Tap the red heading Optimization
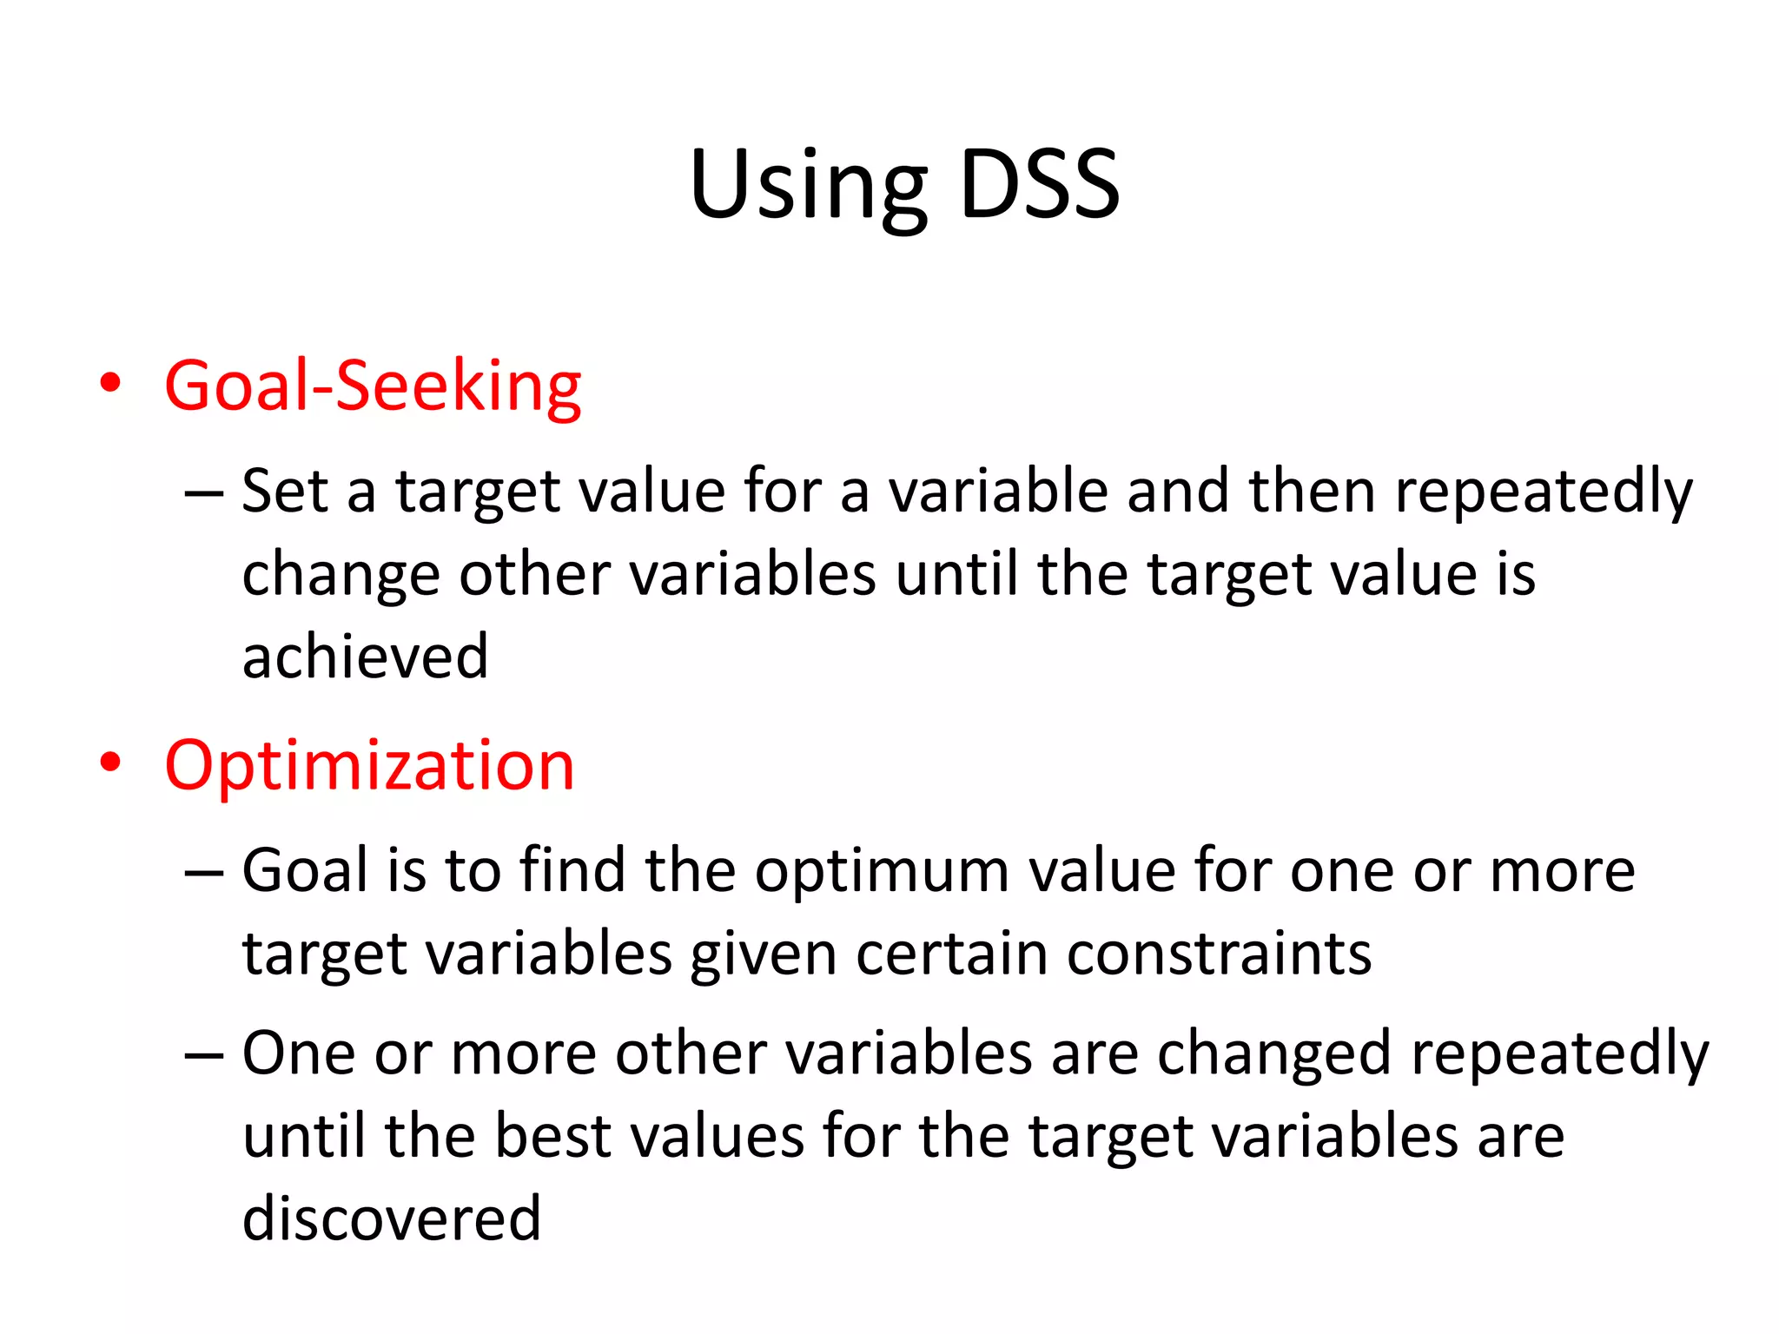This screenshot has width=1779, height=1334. pos(369,765)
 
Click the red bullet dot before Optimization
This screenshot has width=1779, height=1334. pos(110,763)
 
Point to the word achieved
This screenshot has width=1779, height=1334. pos(365,657)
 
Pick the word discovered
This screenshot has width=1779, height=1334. pos(392,1218)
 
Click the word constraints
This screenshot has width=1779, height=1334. pos(1219,954)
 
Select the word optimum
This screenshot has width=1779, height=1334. pos(882,871)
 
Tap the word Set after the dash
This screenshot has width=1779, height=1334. pos(284,492)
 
